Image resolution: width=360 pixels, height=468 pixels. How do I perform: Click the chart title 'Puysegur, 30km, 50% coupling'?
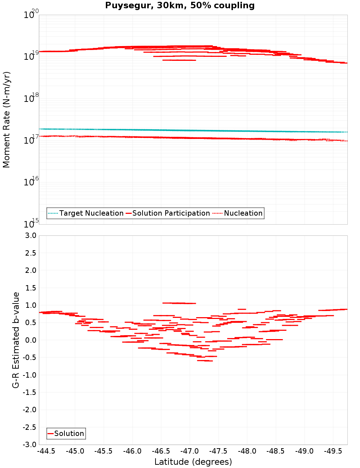[180, 6]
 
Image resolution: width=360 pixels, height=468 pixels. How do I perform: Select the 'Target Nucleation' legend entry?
[91, 213]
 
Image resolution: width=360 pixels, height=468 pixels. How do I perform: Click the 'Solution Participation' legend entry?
[171, 213]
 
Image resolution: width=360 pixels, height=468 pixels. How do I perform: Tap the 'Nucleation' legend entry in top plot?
[243, 213]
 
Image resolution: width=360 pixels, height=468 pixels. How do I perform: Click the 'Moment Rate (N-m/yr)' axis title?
[6, 120]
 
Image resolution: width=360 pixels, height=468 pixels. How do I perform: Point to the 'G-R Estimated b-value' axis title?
[16, 340]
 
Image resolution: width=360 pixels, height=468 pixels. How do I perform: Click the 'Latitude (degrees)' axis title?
[193, 462]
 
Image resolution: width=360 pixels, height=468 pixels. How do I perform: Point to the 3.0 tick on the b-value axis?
[32, 235]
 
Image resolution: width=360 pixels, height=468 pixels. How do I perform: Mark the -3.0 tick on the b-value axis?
[30, 445]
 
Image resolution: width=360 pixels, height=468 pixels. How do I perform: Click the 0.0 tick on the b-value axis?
[32, 340]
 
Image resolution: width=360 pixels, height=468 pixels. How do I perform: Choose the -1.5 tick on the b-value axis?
[30, 392]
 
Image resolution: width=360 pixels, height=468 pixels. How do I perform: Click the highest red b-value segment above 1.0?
[179, 303]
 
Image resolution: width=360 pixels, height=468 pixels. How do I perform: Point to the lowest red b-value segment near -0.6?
[205, 360]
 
